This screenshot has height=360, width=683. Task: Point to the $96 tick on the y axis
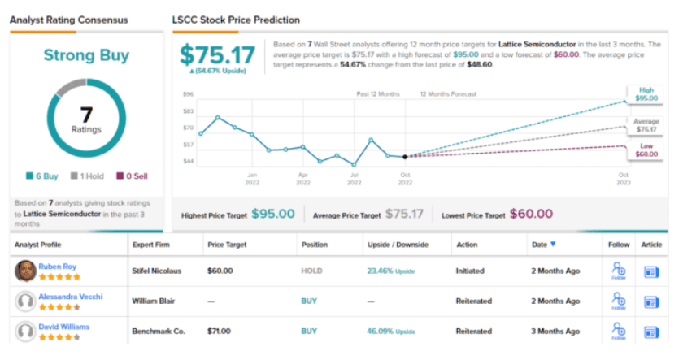pos(188,94)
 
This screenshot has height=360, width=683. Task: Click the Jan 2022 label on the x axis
pos(252,178)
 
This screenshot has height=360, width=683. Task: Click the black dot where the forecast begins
pos(405,157)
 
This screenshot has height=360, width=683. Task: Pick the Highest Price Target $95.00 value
pos(272,214)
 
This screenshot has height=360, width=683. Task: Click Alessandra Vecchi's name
pos(71,297)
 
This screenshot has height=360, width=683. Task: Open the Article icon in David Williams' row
pos(651,332)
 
